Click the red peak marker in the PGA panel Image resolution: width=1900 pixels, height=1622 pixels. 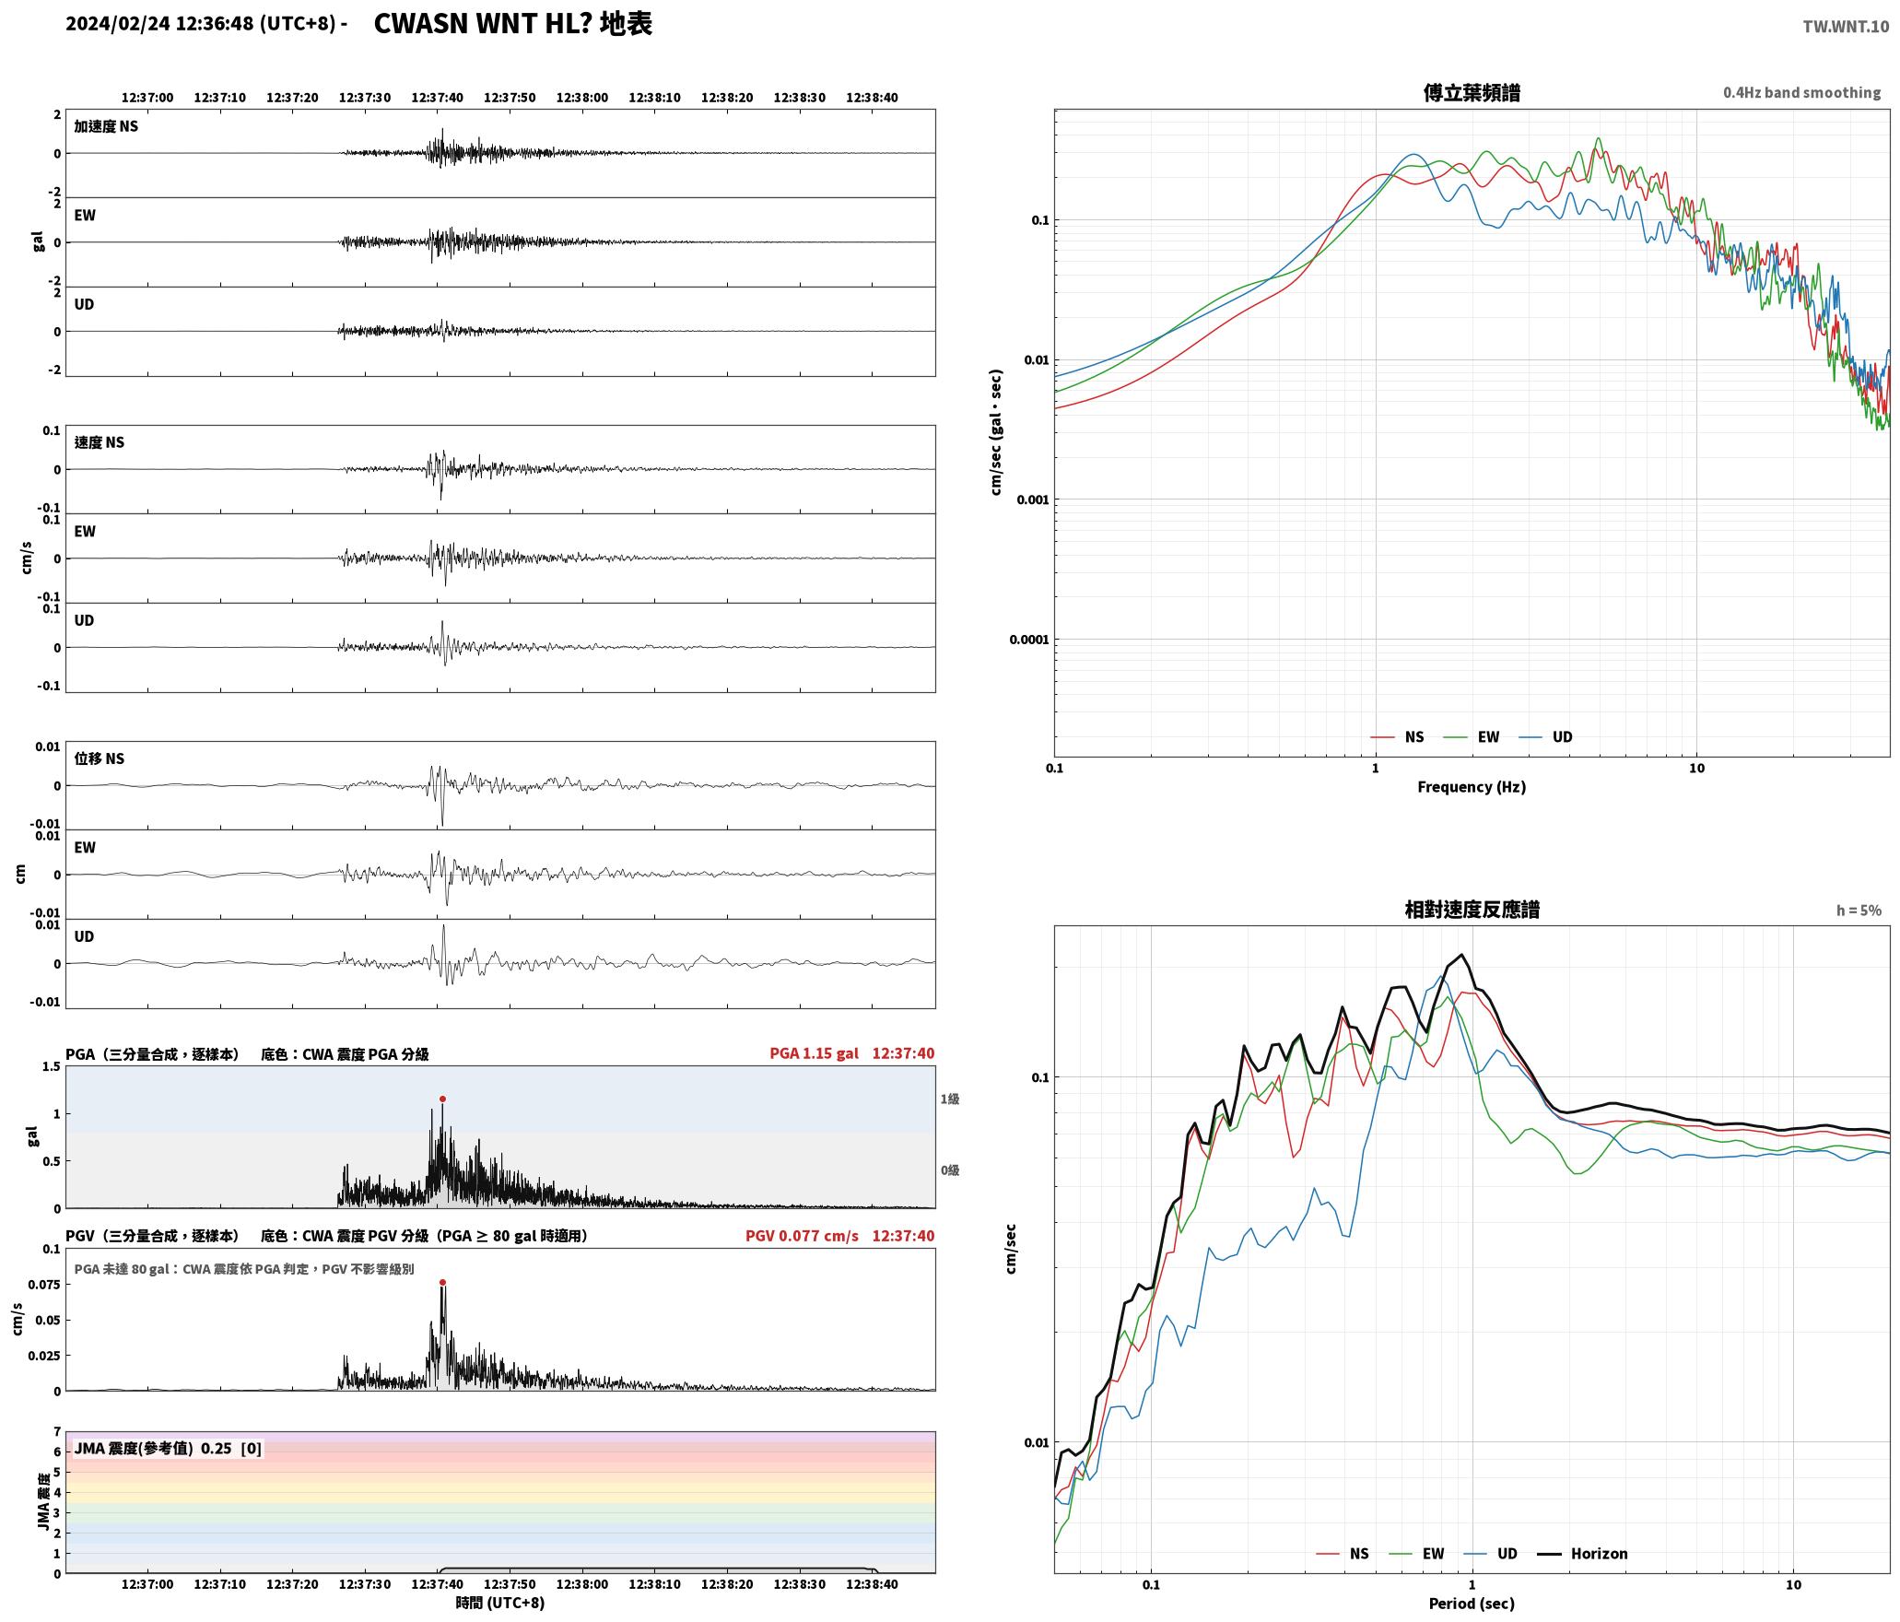pyautogui.click(x=442, y=1099)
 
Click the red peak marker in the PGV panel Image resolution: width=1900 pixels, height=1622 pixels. pyautogui.click(x=442, y=1282)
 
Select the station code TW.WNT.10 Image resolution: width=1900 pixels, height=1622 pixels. pyautogui.click(x=1846, y=27)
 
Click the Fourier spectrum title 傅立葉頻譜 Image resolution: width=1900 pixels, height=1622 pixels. pyautogui.click(x=1472, y=93)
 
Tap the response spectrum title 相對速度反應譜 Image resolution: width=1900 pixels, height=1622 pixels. pyautogui.click(x=1472, y=910)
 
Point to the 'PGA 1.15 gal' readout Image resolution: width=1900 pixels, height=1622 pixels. pyautogui.click(x=814, y=1053)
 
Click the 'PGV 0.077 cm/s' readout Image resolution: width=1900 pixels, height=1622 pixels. pyautogui.click(x=802, y=1236)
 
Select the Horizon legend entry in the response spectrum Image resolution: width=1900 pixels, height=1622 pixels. pyautogui.click(x=1599, y=1554)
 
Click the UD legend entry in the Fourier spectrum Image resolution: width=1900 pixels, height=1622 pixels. pyautogui.click(x=1562, y=737)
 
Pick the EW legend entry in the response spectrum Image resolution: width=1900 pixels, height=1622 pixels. pyautogui.click(x=1433, y=1554)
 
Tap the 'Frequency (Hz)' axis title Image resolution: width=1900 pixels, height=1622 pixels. pyautogui.click(x=1472, y=787)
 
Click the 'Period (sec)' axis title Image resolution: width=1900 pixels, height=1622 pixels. pyautogui.click(x=1472, y=1604)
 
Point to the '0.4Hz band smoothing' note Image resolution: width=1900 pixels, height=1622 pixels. pyautogui.click(x=1801, y=93)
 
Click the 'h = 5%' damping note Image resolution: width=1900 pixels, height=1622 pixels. pyautogui.click(x=1859, y=911)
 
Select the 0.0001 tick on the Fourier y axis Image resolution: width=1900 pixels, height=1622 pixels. pyautogui.click(x=1029, y=640)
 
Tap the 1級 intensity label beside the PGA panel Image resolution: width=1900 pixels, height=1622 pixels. pyautogui.click(x=950, y=1099)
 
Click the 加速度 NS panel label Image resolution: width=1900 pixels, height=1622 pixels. pyautogui.click(x=106, y=126)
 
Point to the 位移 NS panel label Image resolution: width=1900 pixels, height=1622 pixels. pyautogui.click(x=100, y=758)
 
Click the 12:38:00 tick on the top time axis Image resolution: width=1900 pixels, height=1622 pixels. pyautogui.click(x=582, y=98)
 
